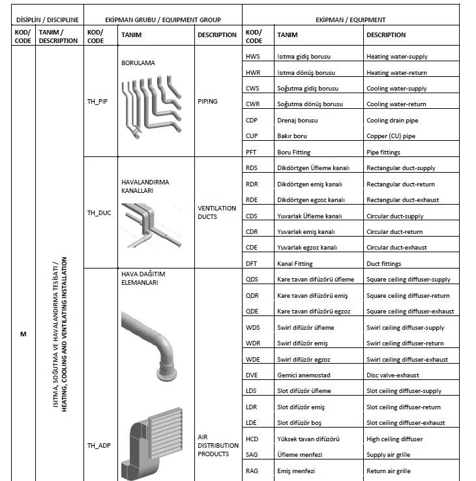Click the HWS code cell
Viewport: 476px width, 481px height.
coord(252,57)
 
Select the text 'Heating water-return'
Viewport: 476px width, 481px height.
coord(396,73)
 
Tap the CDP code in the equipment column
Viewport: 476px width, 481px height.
coord(252,121)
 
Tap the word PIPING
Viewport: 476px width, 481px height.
coord(208,102)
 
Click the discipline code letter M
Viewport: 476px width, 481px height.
coord(23,334)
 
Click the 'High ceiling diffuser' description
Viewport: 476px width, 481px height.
coord(394,439)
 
